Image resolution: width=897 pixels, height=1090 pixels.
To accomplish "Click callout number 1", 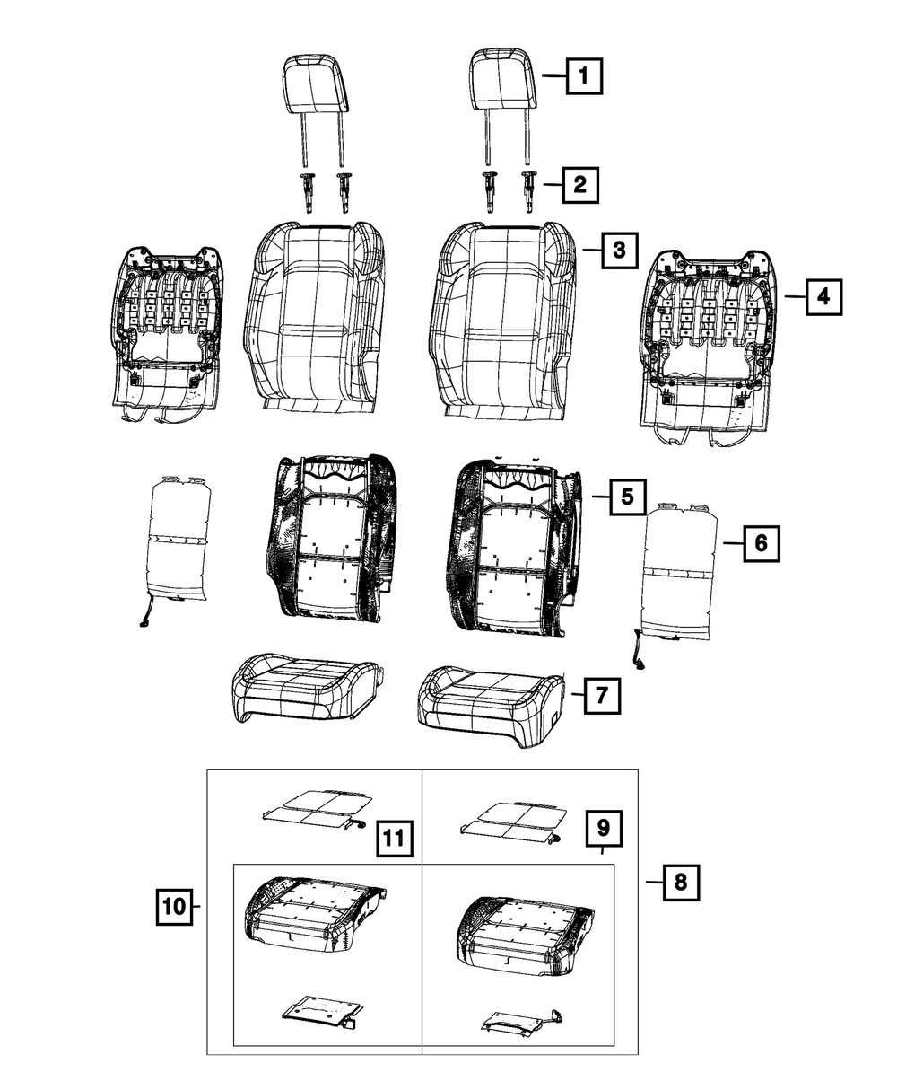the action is tap(583, 76).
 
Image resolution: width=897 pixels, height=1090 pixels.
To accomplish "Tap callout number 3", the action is tap(619, 251).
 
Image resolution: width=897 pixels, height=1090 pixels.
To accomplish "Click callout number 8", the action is tap(680, 883).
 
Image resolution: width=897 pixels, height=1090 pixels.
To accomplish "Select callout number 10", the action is tap(175, 907).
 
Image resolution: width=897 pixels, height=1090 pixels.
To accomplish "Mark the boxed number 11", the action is tap(393, 839).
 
